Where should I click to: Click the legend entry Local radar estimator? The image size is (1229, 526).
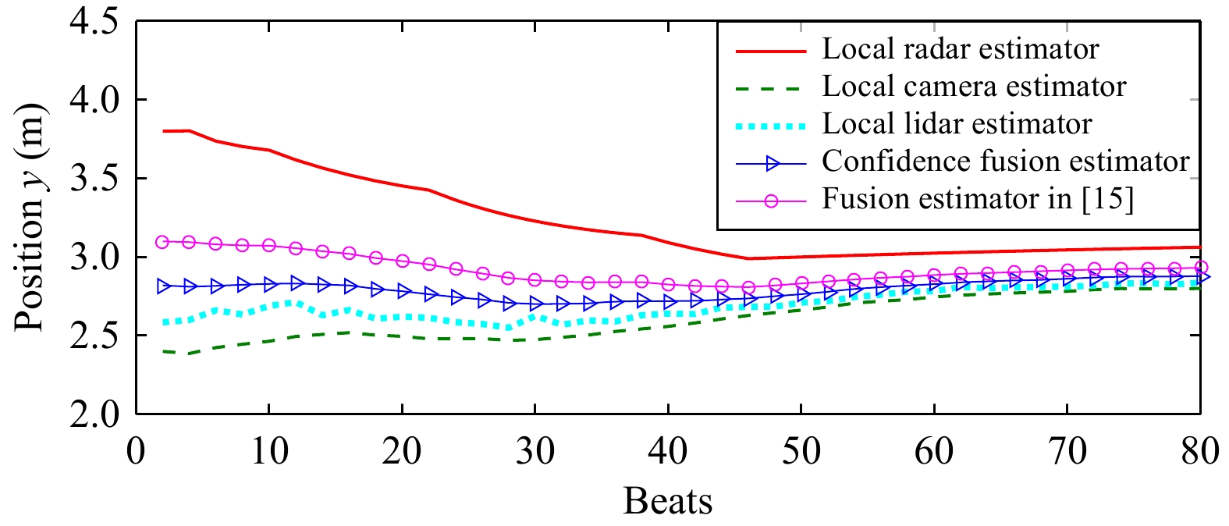point(960,49)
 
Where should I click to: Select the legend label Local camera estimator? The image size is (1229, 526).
point(974,87)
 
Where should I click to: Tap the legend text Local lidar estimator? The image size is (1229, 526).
point(957,124)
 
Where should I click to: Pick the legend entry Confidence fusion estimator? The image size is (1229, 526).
point(1005,162)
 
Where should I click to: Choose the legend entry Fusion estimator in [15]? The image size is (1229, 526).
point(977,199)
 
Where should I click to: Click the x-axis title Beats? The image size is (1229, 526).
point(668,501)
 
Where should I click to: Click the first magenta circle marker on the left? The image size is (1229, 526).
point(162,242)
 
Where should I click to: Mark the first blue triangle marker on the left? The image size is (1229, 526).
point(163,286)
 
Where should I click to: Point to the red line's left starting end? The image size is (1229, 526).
point(163,131)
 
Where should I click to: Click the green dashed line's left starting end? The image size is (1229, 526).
point(163,351)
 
